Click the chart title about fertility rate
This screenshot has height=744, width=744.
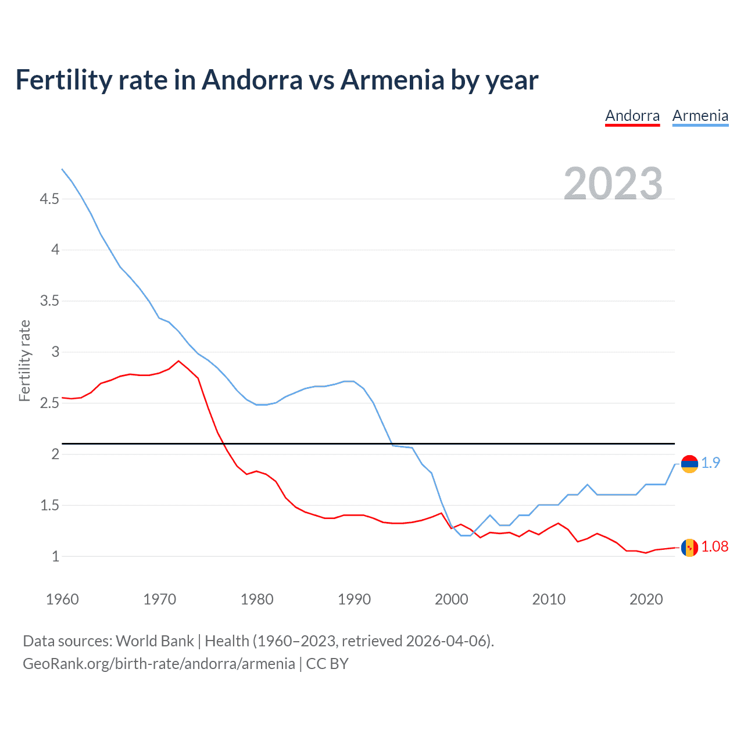pyautogui.click(x=277, y=80)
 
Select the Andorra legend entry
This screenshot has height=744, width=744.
pyautogui.click(x=632, y=116)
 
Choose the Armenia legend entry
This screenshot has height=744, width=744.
pyautogui.click(x=700, y=116)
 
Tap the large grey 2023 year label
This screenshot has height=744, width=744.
pyautogui.click(x=613, y=184)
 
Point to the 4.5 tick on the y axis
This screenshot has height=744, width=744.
pyautogui.click(x=49, y=199)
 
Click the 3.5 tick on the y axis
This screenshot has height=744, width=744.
pyautogui.click(x=49, y=301)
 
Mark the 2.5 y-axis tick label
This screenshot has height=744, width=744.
pyautogui.click(x=49, y=403)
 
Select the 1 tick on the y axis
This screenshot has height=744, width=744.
pyautogui.click(x=56, y=556)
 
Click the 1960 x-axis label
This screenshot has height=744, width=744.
pyautogui.click(x=62, y=599)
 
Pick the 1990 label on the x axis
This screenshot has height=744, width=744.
pyautogui.click(x=354, y=599)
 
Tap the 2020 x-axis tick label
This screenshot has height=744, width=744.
pyautogui.click(x=646, y=599)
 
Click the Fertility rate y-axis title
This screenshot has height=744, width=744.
pyautogui.click(x=24, y=360)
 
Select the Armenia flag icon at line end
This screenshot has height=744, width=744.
pyautogui.click(x=689, y=463)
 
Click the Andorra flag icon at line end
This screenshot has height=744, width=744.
pyautogui.click(x=689, y=548)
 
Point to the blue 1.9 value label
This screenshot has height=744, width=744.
pyautogui.click(x=710, y=463)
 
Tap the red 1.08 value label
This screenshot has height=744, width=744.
pyautogui.click(x=714, y=547)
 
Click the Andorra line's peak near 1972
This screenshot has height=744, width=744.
pyautogui.click(x=178, y=361)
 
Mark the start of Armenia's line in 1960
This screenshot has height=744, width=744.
pyautogui.click(x=62, y=169)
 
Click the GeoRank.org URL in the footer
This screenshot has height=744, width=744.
pyautogui.click(x=159, y=664)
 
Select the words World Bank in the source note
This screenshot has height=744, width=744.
pyautogui.click(x=155, y=641)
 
